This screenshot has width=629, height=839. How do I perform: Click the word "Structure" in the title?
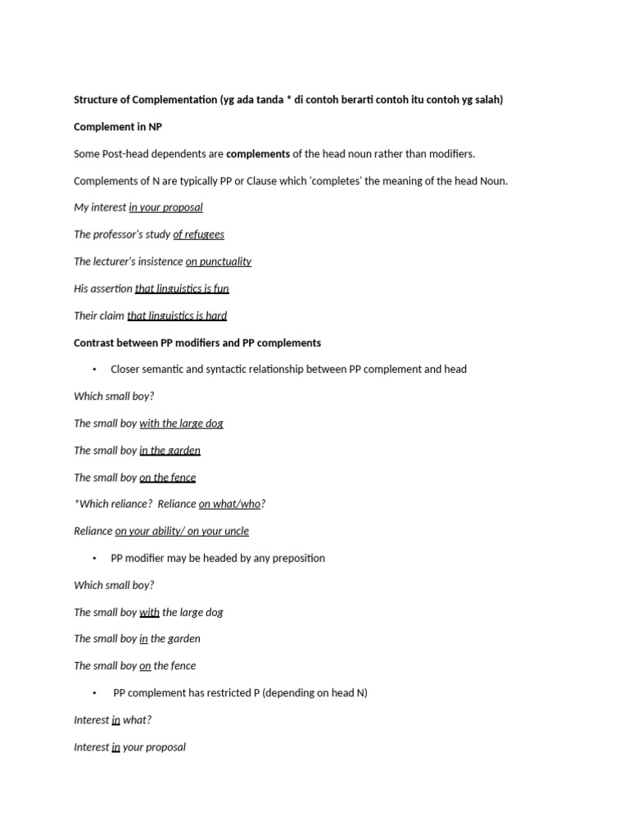(x=96, y=100)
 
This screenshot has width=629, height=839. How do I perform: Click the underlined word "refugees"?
(x=204, y=234)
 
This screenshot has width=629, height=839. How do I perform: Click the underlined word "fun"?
(x=221, y=288)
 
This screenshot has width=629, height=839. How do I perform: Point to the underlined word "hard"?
(x=216, y=315)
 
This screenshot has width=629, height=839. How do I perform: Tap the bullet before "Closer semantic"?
(x=96, y=370)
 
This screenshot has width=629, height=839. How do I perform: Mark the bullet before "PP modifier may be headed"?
(x=96, y=558)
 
